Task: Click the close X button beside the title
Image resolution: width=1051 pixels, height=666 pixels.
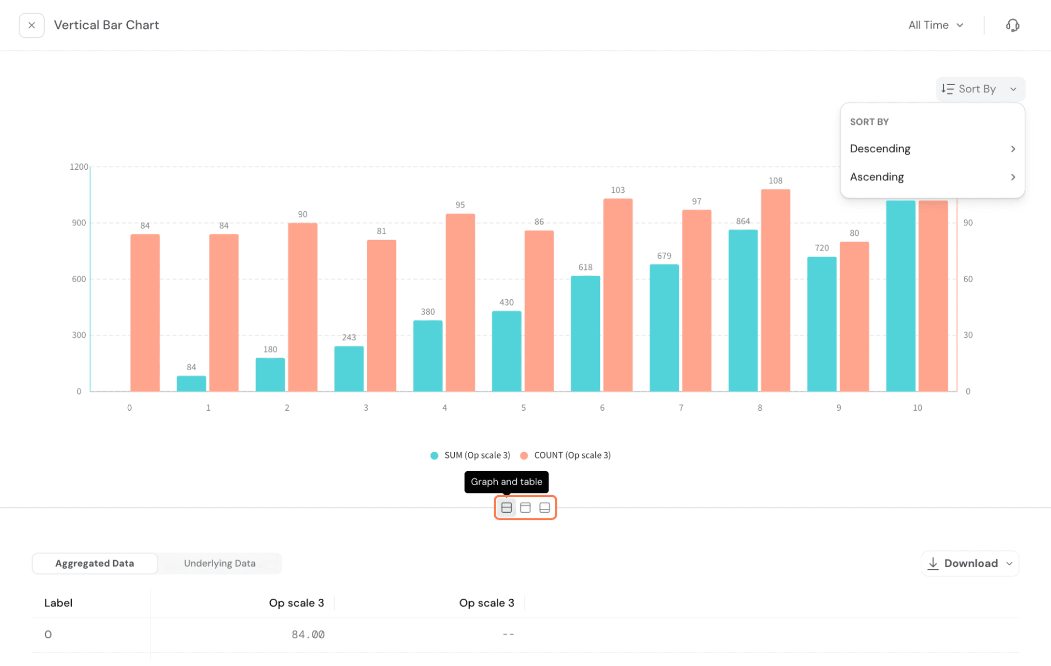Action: click(x=32, y=25)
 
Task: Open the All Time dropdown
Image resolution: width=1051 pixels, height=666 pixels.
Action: click(x=935, y=25)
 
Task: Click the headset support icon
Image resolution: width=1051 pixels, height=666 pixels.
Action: click(x=1012, y=25)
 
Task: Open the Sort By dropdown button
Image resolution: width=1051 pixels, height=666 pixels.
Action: click(x=980, y=89)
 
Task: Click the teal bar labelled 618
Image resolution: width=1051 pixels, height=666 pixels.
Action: click(x=585, y=334)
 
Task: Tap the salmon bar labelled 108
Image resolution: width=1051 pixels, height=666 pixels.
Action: click(x=775, y=290)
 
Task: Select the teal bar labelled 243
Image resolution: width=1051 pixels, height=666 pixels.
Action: click(x=349, y=369)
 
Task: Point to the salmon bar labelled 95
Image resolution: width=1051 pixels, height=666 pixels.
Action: click(x=460, y=302)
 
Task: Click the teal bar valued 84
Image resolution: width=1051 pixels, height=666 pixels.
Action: click(x=191, y=383)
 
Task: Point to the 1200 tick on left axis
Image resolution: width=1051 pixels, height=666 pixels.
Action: click(x=79, y=166)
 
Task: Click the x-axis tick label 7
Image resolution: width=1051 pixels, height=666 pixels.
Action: click(x=681, y=408)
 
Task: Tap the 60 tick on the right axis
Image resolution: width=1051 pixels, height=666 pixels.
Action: click(x=967, y=279)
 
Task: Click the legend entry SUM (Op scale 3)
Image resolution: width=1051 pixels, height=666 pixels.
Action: click(x=471, y=455)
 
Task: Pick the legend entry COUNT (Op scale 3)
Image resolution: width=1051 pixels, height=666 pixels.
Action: click(x=566, y=455)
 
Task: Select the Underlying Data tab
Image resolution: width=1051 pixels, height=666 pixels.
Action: click(x=219, y=563)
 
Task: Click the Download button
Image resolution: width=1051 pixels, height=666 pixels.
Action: click(x=970, y=563)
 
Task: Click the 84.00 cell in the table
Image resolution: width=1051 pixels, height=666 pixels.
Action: click(x=308, y=634)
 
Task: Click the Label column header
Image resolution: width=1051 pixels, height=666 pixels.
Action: click(x=58, y=603)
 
